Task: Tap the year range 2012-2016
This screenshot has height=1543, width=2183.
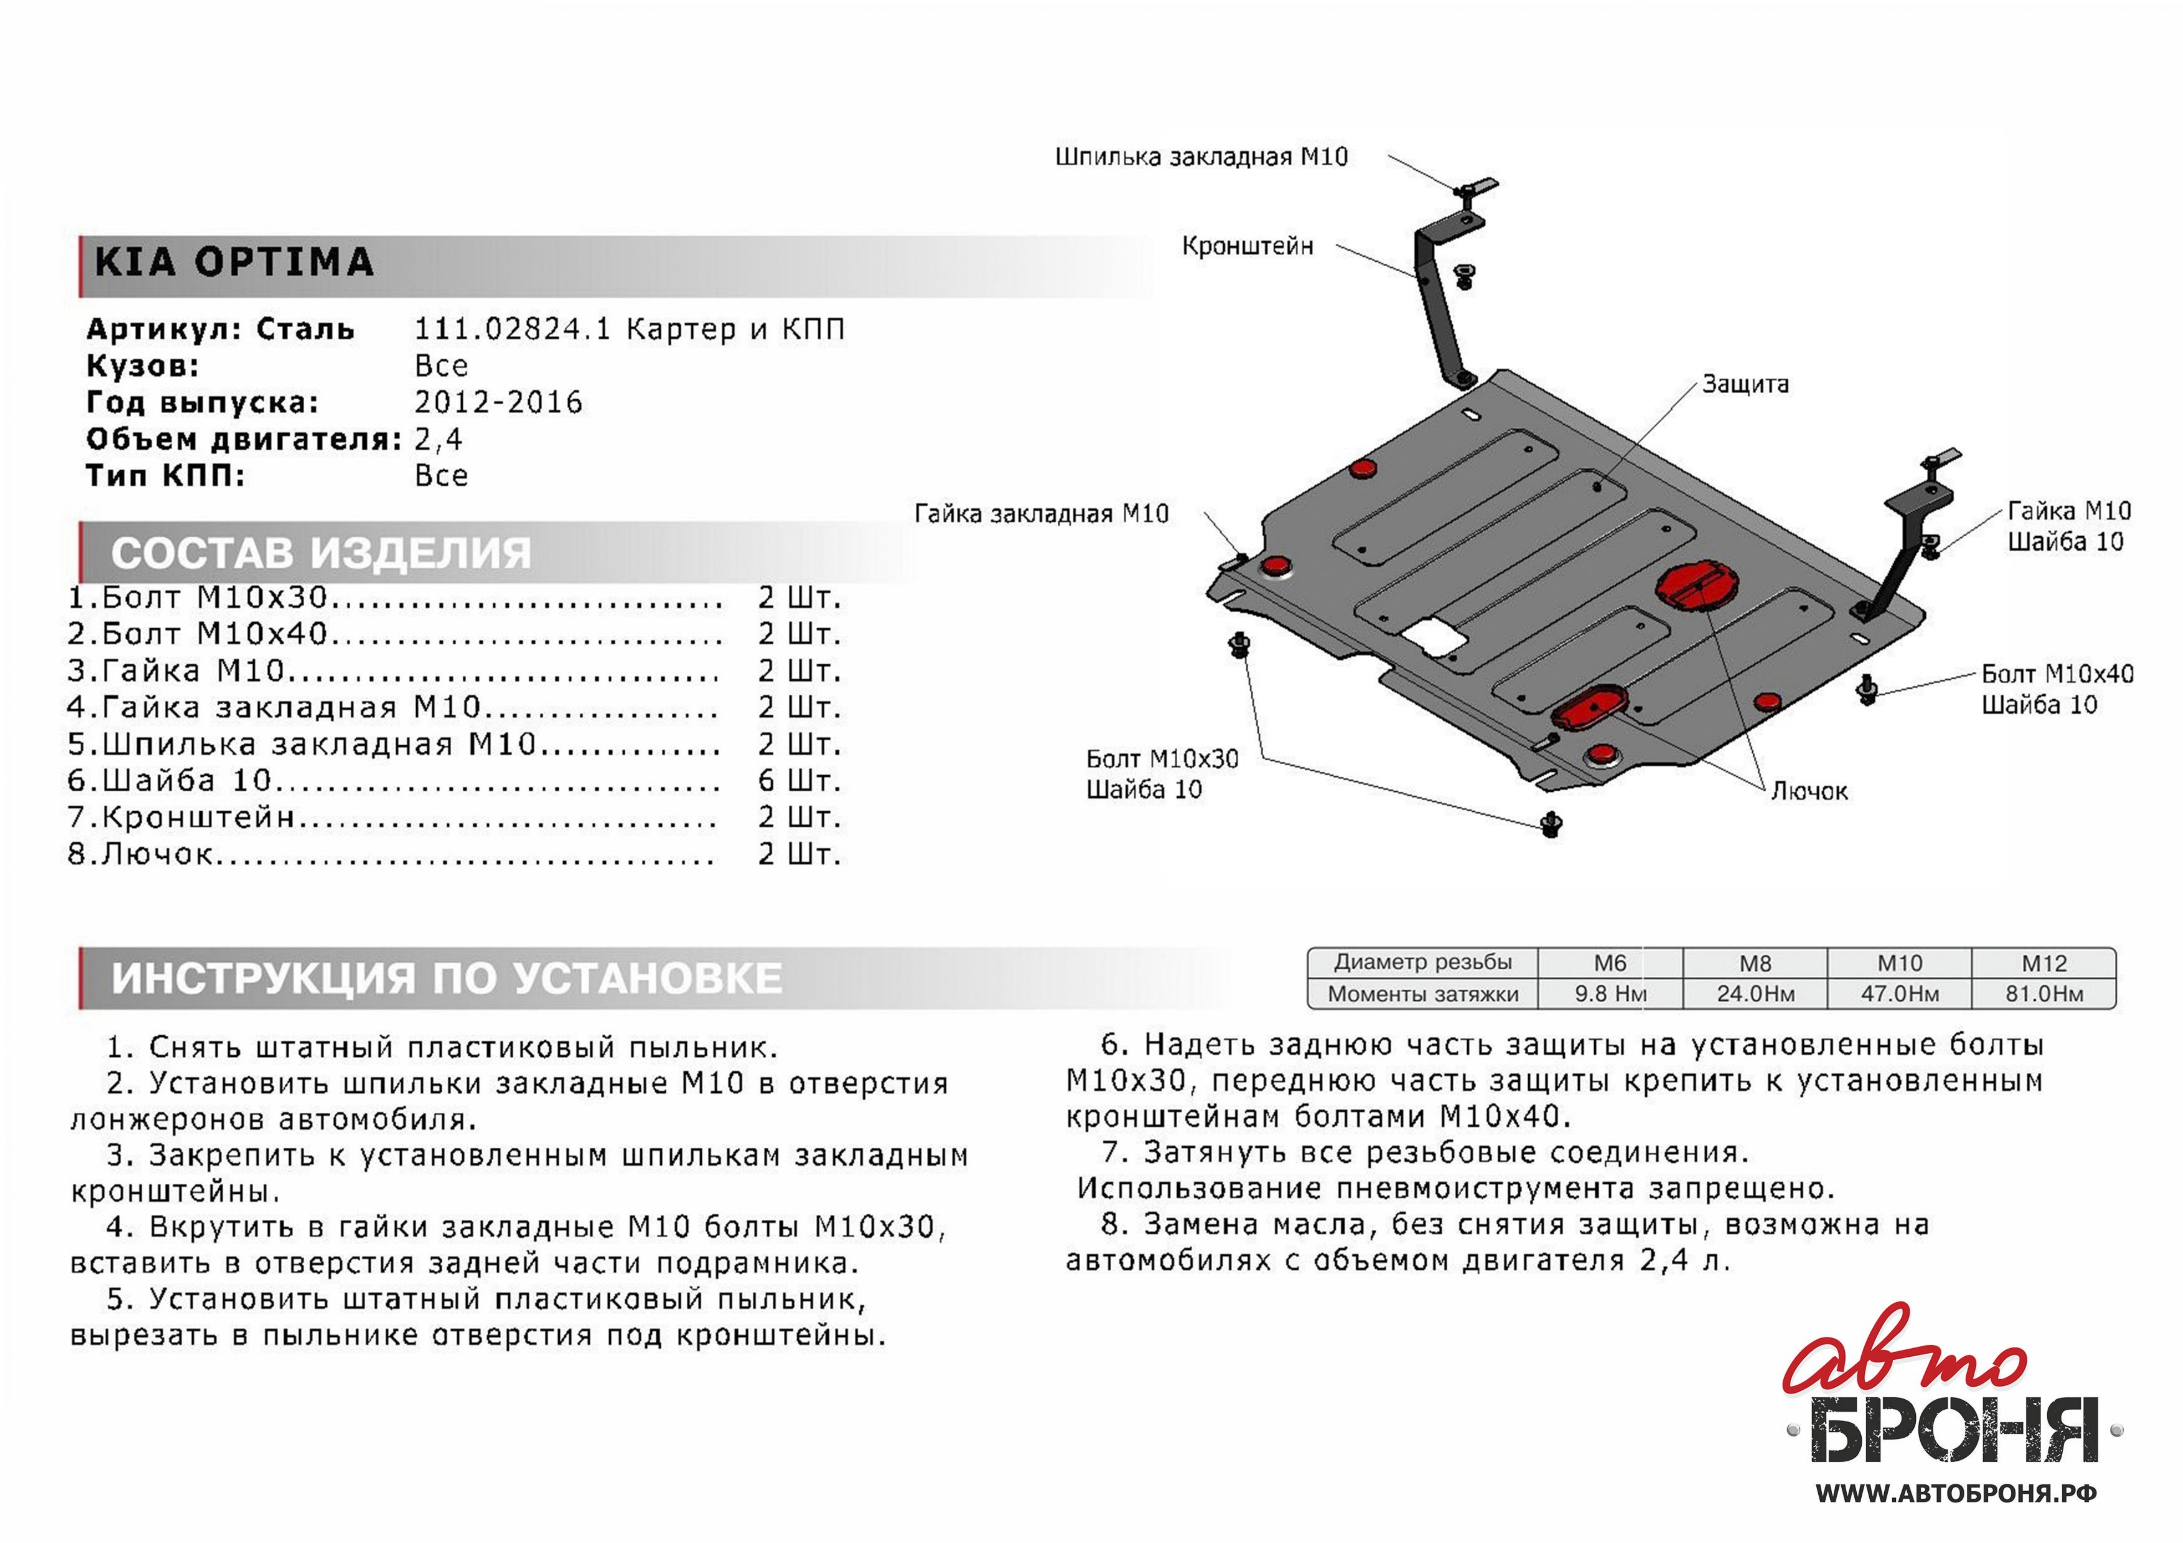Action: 498,402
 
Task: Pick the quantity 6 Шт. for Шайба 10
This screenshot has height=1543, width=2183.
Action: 799,781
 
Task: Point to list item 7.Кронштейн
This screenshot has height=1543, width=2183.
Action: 181,818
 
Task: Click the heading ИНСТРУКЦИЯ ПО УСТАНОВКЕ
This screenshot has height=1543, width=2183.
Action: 447,977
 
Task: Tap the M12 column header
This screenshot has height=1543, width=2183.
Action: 2044,963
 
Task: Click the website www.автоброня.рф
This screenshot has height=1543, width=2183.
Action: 1956,1493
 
